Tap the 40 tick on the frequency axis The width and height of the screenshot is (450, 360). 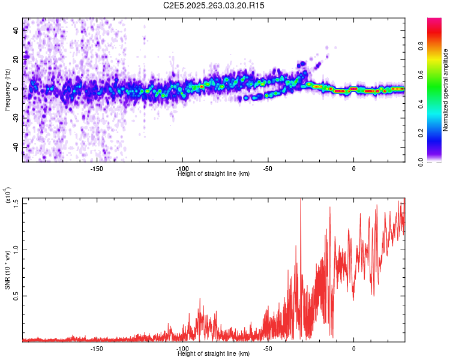(16, 31)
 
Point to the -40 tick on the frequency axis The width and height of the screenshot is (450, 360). (16, 146)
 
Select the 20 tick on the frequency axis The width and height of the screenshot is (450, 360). (16, 60)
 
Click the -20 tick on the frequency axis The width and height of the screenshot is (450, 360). (16, 118)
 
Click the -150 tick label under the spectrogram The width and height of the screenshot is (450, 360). (97, 169)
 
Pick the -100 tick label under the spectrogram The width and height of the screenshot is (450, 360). (182, 169)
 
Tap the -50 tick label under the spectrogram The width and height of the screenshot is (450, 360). (268, 169)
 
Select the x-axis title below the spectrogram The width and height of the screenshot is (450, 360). (214, 174)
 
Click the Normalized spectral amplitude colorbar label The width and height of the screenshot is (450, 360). (445, 90)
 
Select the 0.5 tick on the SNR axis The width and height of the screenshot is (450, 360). (16, 296)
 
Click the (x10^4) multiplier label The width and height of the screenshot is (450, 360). (7, 196)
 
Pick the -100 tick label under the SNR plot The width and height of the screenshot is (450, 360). (182, 348)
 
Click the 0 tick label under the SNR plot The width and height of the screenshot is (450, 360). (354, 348)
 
